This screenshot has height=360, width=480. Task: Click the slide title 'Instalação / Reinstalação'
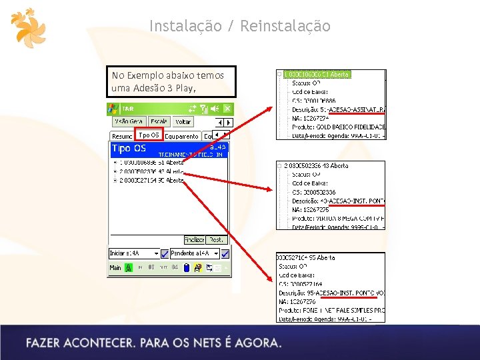239,26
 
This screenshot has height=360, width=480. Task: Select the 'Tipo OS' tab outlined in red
148,135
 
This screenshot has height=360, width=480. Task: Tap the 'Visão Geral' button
129,122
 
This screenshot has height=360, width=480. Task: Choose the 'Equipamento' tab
181,136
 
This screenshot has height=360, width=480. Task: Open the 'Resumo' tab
122,136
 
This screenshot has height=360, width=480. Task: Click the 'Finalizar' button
194,239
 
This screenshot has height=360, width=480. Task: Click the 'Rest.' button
217,239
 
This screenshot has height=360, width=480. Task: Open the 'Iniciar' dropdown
134,253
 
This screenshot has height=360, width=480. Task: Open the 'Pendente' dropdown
194,253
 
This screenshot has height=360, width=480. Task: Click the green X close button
227,108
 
